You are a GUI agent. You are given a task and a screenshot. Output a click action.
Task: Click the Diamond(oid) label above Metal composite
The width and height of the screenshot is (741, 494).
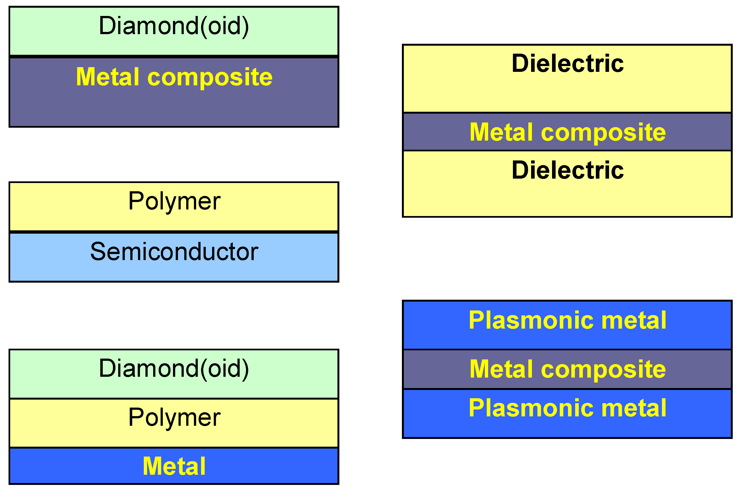point(174,26)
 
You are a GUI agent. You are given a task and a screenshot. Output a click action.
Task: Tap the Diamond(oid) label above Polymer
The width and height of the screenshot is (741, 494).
point(174,369)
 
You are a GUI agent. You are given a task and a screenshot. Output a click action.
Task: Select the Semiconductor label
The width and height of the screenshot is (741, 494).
point(174,252)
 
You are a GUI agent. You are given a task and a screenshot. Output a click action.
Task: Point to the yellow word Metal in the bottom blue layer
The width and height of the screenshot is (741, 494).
point(174,466)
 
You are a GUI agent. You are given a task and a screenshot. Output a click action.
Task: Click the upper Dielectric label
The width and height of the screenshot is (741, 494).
point(567,64)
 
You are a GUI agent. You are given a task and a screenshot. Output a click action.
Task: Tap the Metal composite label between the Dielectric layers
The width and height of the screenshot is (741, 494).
point(567,132)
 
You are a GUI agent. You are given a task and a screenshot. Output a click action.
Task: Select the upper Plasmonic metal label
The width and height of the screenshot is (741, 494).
point(567,320)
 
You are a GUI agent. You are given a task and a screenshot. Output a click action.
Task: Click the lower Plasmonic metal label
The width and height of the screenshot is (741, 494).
point(567,408)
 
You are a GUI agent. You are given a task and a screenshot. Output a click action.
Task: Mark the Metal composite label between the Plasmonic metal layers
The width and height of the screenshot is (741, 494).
point(567,369)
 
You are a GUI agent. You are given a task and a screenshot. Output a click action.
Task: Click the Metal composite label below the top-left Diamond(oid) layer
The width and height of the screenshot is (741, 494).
point(174,77)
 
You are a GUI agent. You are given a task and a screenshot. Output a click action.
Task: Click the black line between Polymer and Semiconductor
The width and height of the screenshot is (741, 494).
point(174,232)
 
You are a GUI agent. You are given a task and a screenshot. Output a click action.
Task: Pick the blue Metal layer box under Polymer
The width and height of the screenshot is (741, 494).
point(79,466)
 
